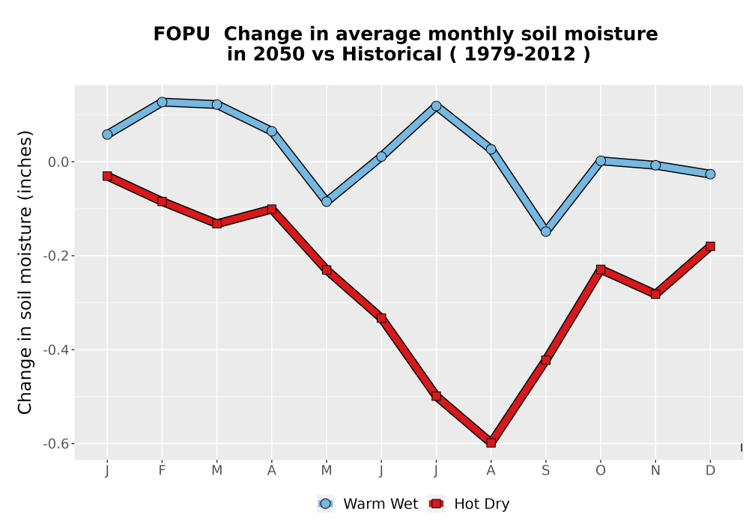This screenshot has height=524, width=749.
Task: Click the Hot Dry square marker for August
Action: pyautogui.click(x=491, y=442)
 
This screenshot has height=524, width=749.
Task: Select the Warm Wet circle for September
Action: pyautogui.click(x=545, y=231)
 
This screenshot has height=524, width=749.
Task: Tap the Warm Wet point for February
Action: pyautogui.click(x=162, y=102)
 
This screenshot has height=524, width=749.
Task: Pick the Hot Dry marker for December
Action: pyautogui.click(x=710, y=246)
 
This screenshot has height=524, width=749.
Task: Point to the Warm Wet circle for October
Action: pyautogui.click(x=601, y=161)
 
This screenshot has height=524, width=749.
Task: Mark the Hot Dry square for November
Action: pyautogui.click(x=655, y=294)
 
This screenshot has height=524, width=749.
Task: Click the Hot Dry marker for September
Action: pyautogui.click(x=545, y=360)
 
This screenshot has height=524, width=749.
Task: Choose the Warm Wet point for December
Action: pyautogui.click(x=710, y=174)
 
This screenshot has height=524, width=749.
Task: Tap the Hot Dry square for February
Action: pyautogui.click(x=162, y=201)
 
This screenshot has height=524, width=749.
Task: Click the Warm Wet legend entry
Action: pyautogui.click(x=367, y=504)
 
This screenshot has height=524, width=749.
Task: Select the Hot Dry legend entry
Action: pyautogui.click(x=470, y=504)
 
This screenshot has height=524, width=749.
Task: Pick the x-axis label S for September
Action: pyautogui.click(x=545, y=471)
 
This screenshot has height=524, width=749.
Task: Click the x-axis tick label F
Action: pyautogui.click(x=162, y=471)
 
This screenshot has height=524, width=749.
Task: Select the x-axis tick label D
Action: pyautogui.click(x=710, y=471)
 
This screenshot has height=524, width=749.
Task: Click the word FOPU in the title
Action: pyautogui.click(x=181, y=34)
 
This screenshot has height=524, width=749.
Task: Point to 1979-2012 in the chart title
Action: pyautogui.click(x=520, y=54)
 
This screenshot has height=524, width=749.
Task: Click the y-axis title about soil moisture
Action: pyautogui.click(x=25, y=272)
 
